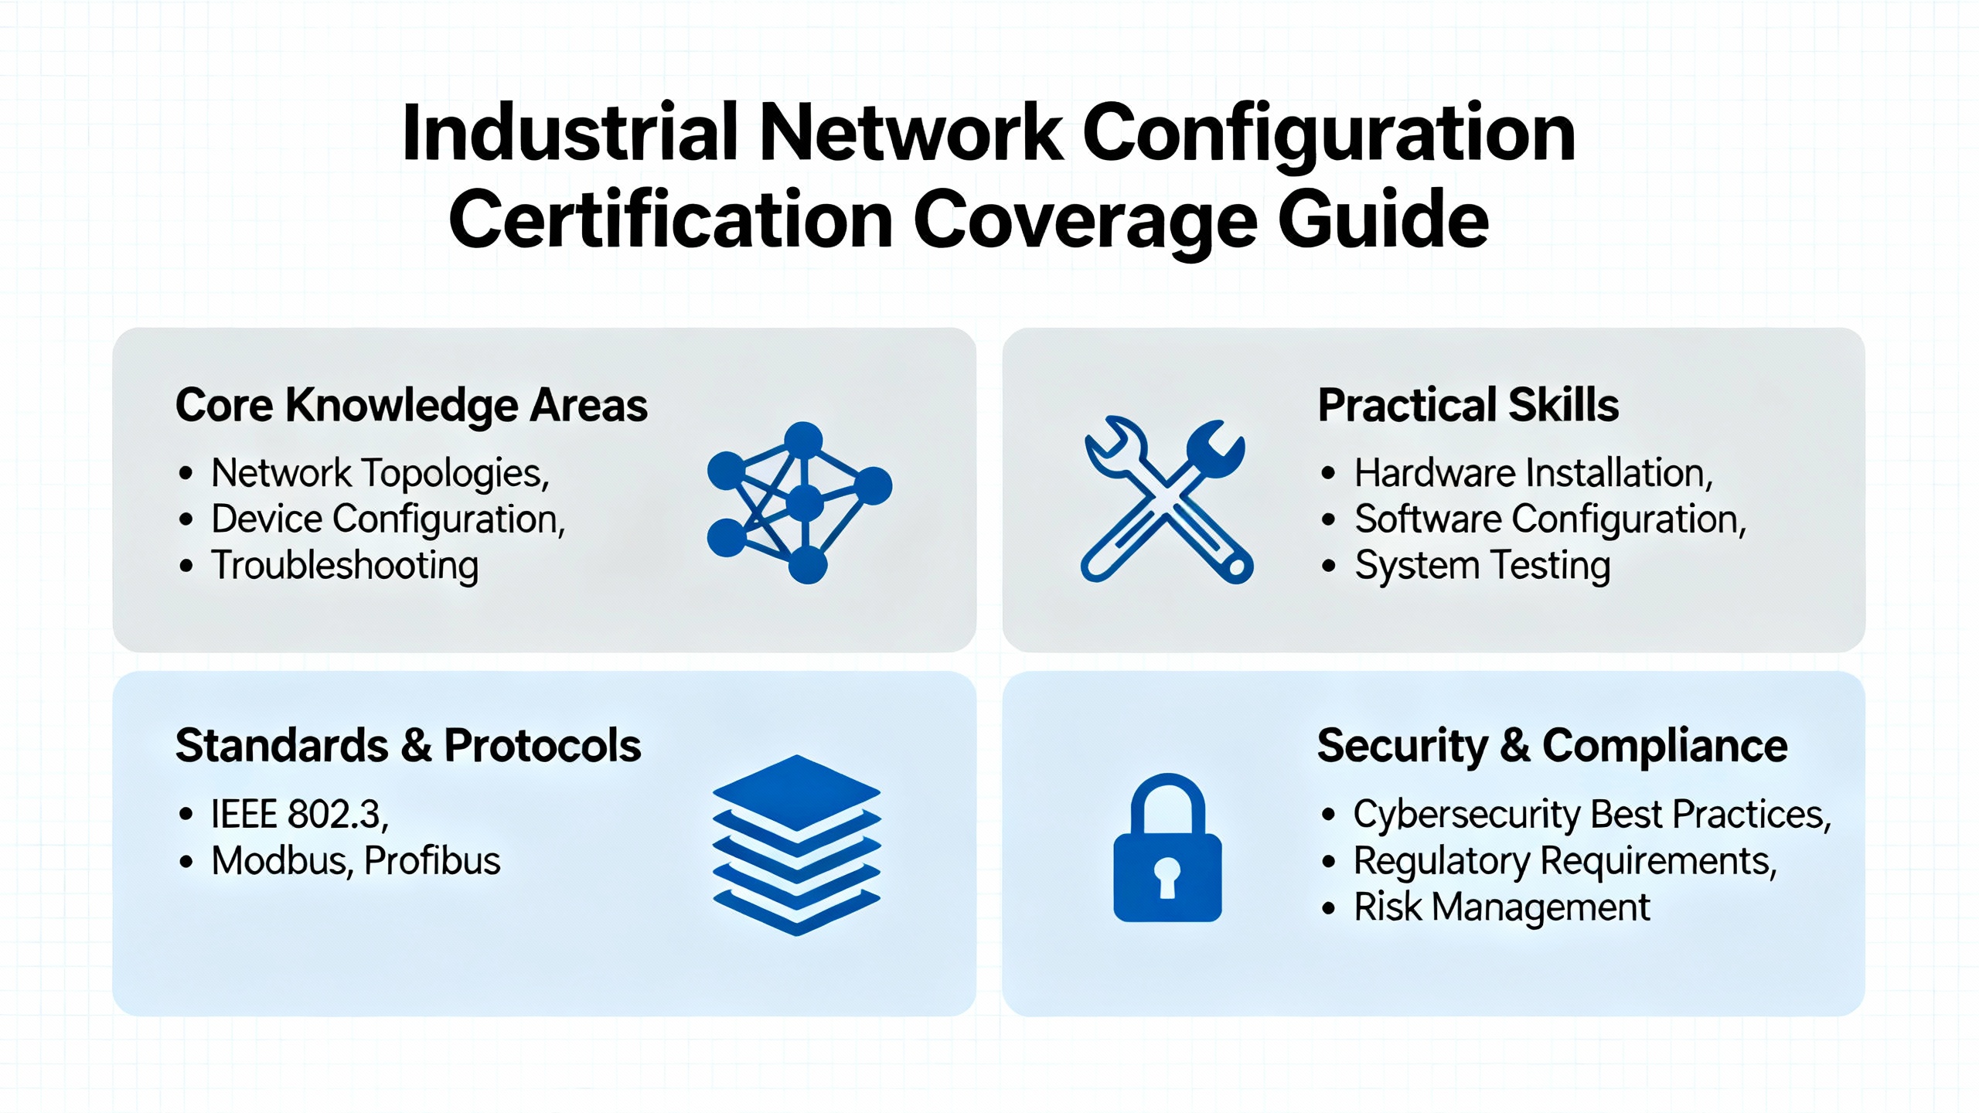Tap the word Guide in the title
(x=1382, y=221)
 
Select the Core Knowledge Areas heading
(x=411, y=405)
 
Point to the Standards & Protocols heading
(x=408, y=745)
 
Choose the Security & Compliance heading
(x=1552, y=746)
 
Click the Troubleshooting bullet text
(x=345, y=565)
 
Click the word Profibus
(x=432, y=860)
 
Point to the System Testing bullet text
(x=1483, y=565)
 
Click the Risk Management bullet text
(x=1502, y=907)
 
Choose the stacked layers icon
(x=796, y=845)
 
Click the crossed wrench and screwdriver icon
(x=1167, y=500)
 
